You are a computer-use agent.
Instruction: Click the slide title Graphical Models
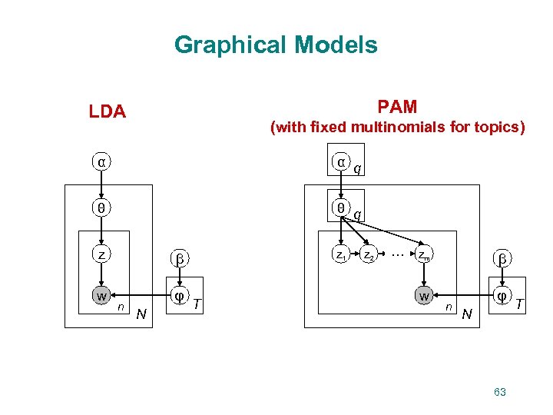(276, 45)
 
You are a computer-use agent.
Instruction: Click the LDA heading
(107, 111)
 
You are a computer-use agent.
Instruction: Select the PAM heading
(397, 106)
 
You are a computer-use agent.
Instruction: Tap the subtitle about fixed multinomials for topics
(397, 128)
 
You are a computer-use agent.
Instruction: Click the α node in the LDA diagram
(101, 162)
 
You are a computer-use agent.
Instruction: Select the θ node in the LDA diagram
(101, 207)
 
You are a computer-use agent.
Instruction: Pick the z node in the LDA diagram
(101, 254)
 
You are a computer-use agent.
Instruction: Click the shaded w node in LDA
(101, 296)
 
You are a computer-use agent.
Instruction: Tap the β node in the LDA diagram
(180, 259)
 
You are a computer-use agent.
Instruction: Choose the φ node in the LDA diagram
(180, 296)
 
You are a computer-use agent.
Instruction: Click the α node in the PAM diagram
(341, 162)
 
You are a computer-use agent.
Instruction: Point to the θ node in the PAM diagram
(341, 207)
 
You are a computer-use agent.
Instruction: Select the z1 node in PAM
(341, 254)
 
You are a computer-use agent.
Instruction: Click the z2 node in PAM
(369, 254)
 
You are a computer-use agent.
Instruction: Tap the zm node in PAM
(423, 254)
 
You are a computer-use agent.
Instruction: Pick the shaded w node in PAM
(423, 296)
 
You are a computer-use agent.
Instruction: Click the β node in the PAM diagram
(503, 259)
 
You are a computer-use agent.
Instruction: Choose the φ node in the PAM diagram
(503, 296)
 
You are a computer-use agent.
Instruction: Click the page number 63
(500, 392)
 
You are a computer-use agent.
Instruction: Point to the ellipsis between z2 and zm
(396, 252)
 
